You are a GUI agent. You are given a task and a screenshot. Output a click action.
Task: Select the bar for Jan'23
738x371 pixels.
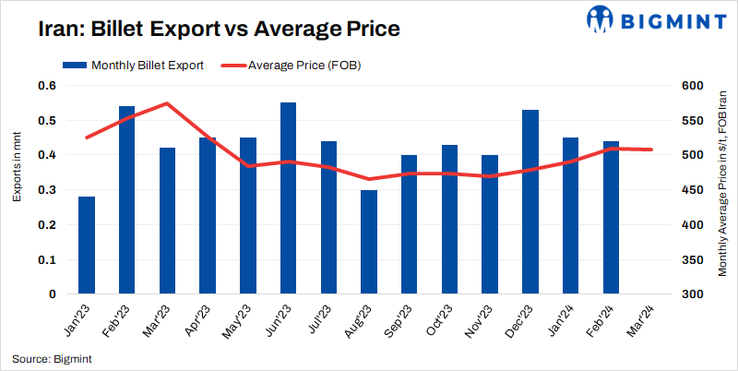tap(87, 245)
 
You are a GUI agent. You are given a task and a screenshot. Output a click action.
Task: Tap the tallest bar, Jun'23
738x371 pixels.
tap(289, 198)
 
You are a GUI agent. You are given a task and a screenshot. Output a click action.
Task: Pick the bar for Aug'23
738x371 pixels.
tap(369, 242)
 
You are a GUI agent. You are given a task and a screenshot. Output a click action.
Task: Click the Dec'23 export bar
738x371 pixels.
tap(530, 202)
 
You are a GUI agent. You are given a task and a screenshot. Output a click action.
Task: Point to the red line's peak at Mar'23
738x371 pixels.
tap(167, 103)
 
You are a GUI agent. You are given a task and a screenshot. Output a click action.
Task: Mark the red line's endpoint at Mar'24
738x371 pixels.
tap(651, 150)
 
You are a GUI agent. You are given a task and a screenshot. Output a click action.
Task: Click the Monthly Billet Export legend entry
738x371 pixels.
tap(133, 66)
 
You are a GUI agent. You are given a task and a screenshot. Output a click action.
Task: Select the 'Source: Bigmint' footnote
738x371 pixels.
tap(52, 358)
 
